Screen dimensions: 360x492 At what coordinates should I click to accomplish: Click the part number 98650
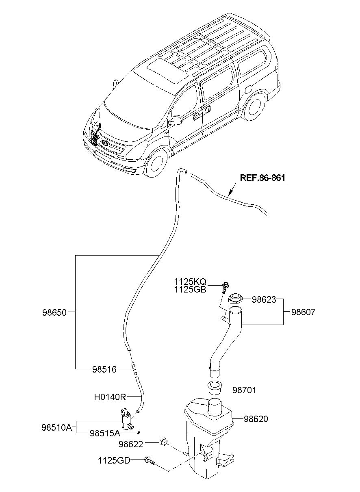pos(54,312)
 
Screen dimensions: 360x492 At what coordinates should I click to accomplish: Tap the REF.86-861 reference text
pos(262,178)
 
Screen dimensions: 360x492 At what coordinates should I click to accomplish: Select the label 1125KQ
pos(190,282)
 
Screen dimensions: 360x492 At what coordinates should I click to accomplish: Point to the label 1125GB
pos(190,290)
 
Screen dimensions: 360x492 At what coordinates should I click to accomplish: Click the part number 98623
pos(264,299)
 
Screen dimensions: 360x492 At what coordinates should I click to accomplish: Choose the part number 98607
pos(304,312)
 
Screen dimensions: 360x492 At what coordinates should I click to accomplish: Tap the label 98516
pos(104,369)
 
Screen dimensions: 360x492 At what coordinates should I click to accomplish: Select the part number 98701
pos(244,390)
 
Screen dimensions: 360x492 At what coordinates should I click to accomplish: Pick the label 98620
pos(256,419)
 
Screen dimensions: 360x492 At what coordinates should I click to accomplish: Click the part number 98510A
pos(56,427)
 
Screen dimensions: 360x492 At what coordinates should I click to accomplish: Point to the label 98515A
pos(105,433)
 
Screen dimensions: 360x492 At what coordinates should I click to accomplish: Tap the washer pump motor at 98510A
pos(127,420)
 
